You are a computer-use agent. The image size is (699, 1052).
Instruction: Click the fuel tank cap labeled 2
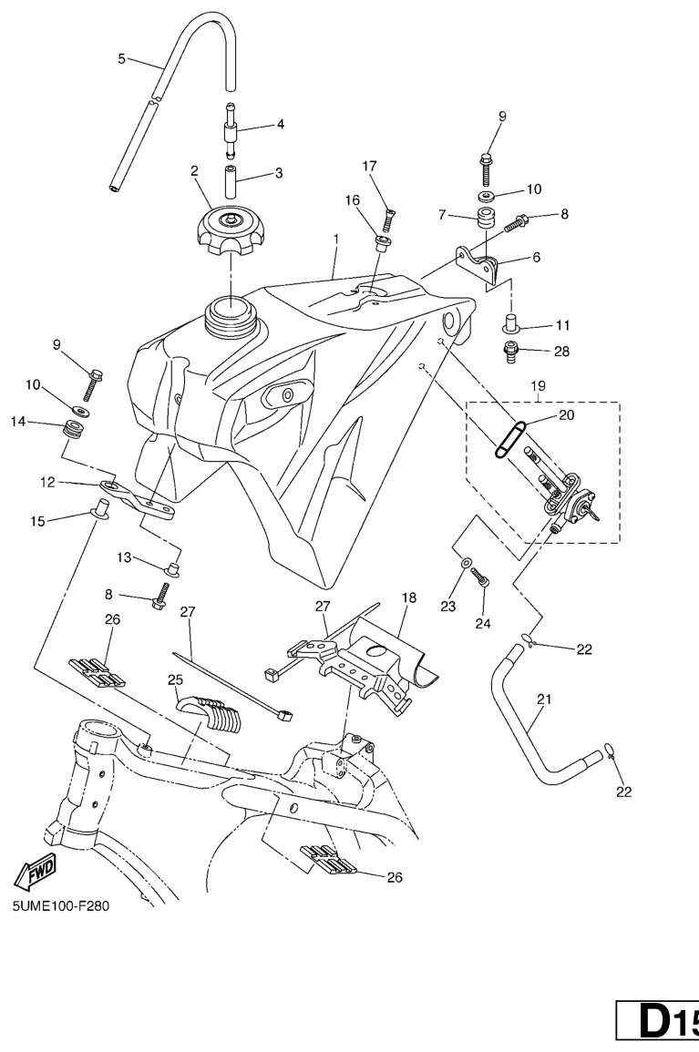(231, 233)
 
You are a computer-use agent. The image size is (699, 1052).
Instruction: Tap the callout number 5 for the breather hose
(122, 59)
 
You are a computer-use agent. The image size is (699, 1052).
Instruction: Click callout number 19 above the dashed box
(537, 385)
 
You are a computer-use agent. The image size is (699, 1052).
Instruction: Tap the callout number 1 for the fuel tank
(335, 239)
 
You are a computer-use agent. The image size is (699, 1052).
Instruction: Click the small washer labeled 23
(466, 565)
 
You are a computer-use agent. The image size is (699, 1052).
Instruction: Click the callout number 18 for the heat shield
(407, 598)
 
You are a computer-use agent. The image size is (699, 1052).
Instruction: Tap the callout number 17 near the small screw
(369, 167)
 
